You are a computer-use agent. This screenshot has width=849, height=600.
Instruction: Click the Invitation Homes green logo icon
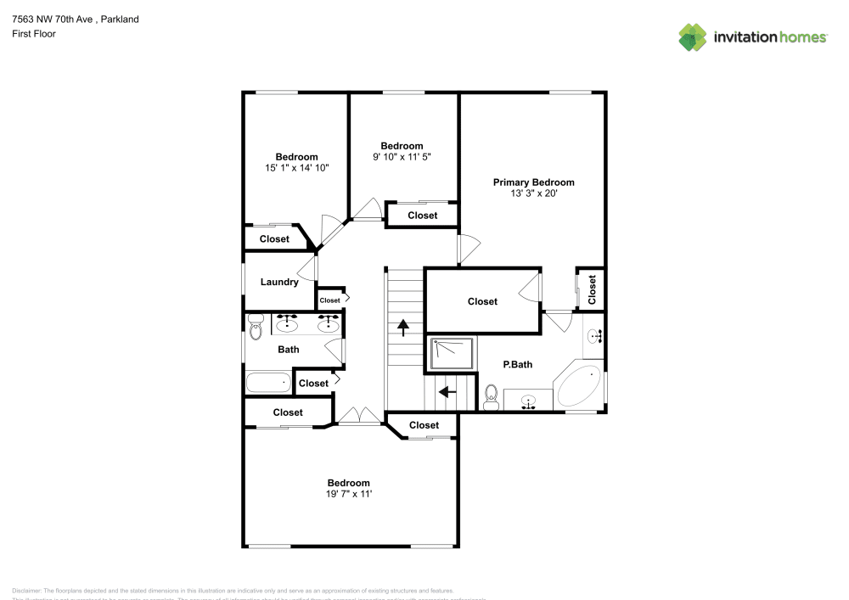tap(693, 36)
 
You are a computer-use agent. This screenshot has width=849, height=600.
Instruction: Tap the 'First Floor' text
tap(34, 34)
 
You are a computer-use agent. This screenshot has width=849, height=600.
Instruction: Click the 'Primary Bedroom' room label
tap(533, 182)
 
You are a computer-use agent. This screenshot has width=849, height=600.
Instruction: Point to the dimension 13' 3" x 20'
tap(533, 193)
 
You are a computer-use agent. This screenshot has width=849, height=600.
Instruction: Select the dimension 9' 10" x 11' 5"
tap(402, 157)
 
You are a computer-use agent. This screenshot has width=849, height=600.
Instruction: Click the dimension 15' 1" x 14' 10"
tap(296, 168)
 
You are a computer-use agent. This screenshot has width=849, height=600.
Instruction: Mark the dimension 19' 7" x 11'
tap(348, 493)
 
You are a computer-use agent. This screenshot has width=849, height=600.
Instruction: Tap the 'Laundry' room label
tap(278, 282)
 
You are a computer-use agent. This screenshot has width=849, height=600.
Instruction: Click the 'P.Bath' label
tap(517, 365)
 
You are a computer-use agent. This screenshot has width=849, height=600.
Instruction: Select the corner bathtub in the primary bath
tap(579, 386)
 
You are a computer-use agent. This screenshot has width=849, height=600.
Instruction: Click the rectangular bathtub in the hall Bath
tap(268, 382)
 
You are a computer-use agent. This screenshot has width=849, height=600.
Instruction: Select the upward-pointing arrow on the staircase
tap(403, 325)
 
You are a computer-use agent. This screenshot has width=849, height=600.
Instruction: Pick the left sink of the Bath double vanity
tap(286, 323)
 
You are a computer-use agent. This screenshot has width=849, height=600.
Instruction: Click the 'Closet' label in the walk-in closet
tap(482, 301)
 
